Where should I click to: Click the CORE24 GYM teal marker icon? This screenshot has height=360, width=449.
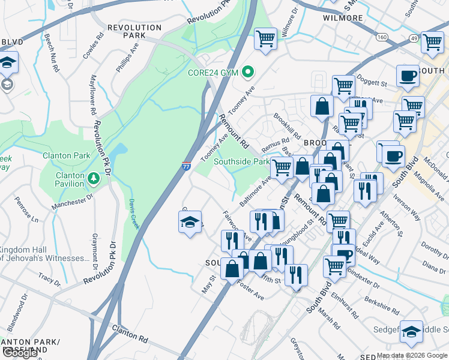tap(247, 72)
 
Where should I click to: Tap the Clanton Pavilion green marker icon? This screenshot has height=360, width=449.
tap(93, 178)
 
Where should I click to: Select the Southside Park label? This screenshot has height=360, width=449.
tap(242, 161)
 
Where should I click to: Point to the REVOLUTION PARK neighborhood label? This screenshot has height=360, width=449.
tap(134, 31)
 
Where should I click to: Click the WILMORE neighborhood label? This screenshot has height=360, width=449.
tap(343, 18)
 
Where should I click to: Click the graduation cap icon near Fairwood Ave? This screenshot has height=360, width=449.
tap(190, 223)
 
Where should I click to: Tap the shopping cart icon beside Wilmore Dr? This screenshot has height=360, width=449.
tap(265, 39)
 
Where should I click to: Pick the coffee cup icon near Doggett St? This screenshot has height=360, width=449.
tap(408, 76)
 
